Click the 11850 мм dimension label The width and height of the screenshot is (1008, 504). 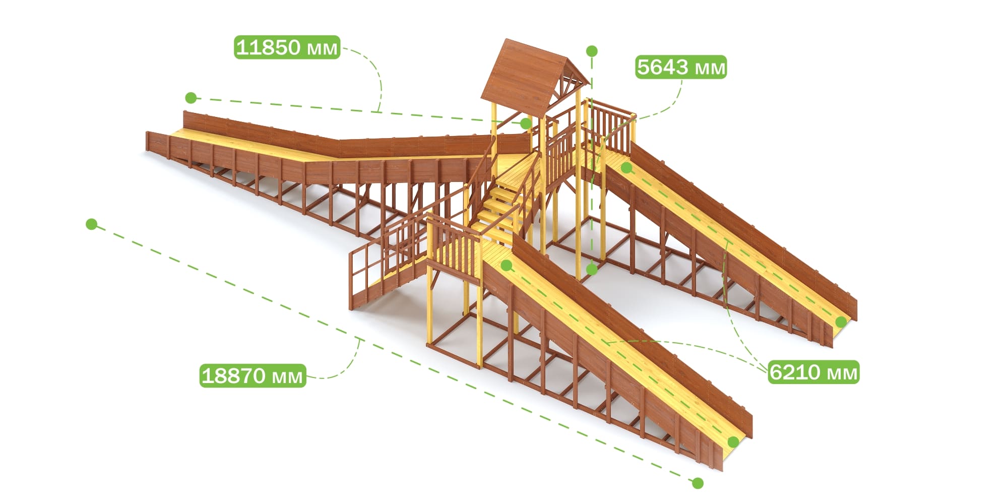tap(287, 47)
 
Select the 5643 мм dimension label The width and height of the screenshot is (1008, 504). tap(681, 67)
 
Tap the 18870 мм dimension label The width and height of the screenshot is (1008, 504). tap(253, 375)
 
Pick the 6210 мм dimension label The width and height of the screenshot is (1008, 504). tap(813, 372)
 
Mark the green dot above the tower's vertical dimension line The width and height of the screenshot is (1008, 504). tap(592, 51)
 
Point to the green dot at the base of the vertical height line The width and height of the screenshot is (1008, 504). tap(592, 270)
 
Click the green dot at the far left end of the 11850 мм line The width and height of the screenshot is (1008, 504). tap(191, 97)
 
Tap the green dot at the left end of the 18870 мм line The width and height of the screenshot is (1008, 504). tap(91, 224)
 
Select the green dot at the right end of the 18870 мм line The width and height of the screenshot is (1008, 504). tap(698, 483)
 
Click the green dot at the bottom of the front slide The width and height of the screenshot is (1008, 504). tap(734, 442)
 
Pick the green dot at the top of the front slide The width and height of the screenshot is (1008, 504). tap(507, 265)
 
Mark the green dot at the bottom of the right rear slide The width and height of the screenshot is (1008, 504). tap(841, 322)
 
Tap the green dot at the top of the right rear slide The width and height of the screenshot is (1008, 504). tap(626, 168)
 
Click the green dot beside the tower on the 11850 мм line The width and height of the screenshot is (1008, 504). tap(526, 123)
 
